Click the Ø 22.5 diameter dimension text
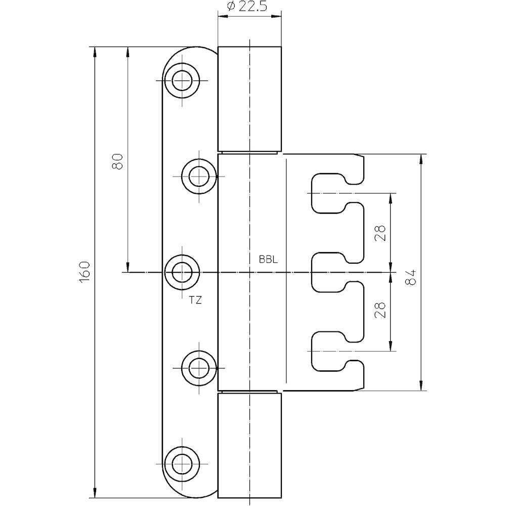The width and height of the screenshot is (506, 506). (x=247, y=7)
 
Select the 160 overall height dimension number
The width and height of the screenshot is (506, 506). (x=84, y=272)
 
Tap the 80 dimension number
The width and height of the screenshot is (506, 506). (x=117, y=162)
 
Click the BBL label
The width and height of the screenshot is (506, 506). (x=268, y=260)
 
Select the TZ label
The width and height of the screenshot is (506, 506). (x=195, y=301)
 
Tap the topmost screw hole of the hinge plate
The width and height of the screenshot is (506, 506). (x=182, y=80)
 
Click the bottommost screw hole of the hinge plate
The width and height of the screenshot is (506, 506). (x=182, y=464)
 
